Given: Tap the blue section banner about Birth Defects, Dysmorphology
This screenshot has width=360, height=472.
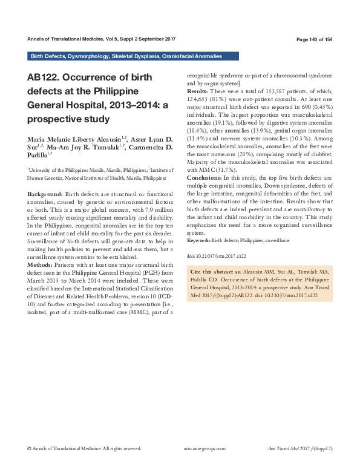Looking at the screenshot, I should coord(126,56).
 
